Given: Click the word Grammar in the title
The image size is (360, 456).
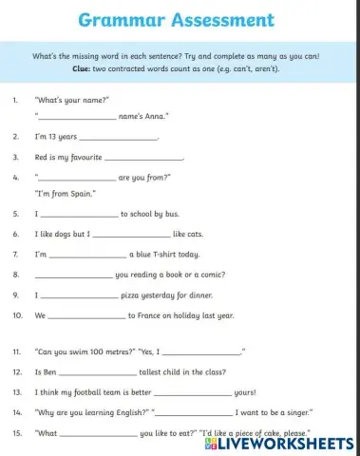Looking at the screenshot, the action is pyautogui.click(x=120, y=19).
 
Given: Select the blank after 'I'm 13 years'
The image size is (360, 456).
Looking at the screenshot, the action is pyautogui.click(x=124, y=138).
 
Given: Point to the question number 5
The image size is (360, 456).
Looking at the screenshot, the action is pyautogui.click(x=14, y=215).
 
